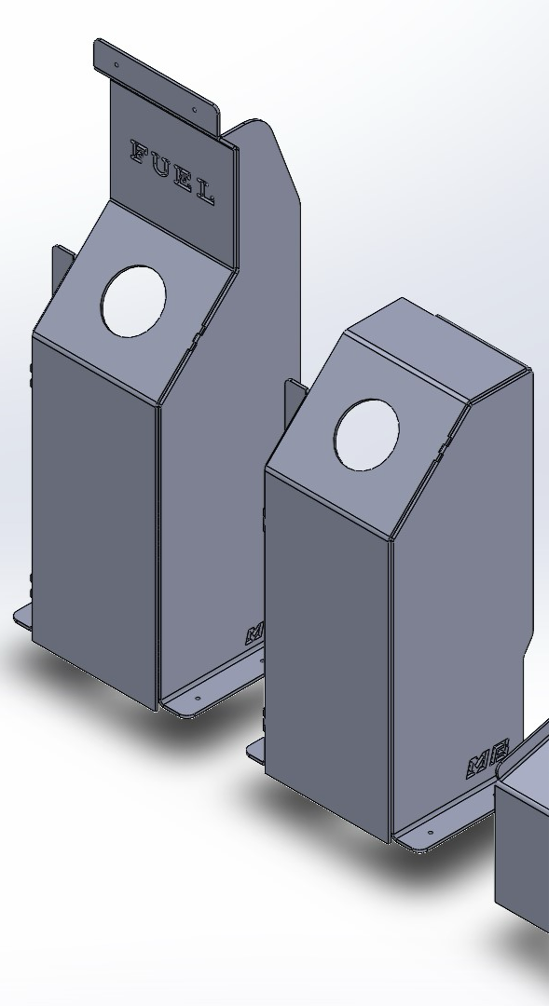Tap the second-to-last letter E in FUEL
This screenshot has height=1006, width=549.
tap(185, 179)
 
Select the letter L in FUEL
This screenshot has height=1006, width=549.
tap(206, 193)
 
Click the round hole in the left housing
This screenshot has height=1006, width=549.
tap(133, 300)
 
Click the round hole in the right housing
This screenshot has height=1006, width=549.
tap(366, 434)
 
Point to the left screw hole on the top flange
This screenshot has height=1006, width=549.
tap(117, 64)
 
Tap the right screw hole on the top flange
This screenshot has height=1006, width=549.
tap(195, 109)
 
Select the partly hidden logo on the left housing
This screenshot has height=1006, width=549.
tap(254, 635)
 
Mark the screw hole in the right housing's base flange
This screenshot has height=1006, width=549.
tap(430, 833)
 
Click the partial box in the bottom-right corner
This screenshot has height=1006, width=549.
tap(524, 848)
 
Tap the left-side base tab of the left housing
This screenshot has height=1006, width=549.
tap(22, 616)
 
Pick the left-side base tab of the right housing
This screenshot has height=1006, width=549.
tap(256, 749)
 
